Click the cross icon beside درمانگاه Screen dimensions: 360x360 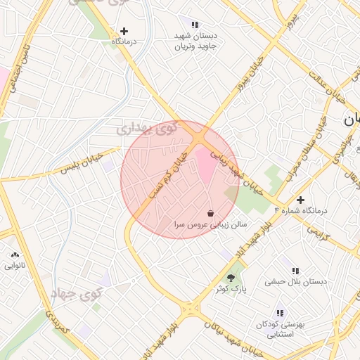tap(124, 31)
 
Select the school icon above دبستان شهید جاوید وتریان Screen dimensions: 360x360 tap(195, 25)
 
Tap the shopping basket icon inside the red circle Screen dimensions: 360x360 tap(211, 212)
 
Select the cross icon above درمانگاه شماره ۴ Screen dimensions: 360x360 tap(300, 200)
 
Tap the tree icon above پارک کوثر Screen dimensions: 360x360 tap(231, 278)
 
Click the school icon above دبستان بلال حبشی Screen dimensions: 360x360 tap(295, 271)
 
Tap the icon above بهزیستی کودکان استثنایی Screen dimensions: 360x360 tap(280, 313)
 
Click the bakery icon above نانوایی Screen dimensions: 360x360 tap(15, 255)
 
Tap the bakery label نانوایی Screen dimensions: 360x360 tap(15, 266)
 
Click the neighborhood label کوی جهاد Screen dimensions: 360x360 tap(77, 293)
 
